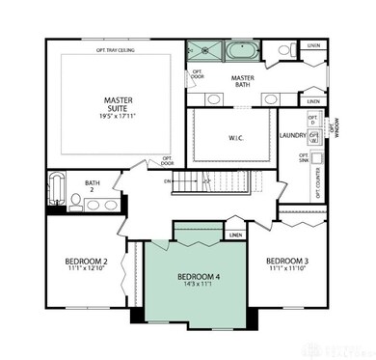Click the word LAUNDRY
point(293,136)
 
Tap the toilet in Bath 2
point(76,202)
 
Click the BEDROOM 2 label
point(85,261)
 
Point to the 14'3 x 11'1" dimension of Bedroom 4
point(200,286)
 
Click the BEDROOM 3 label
point(286,261)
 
